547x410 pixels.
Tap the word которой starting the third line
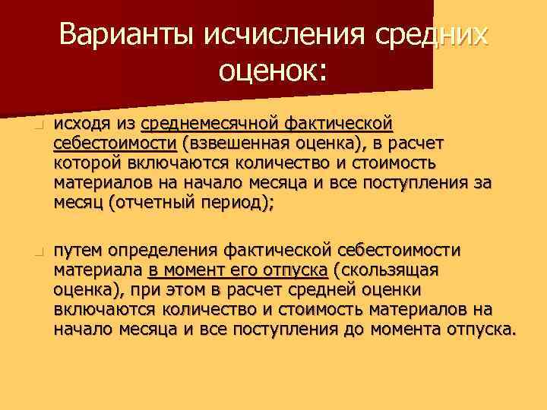pyautogui.click(x=84, y=163)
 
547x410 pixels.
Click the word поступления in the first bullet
pyautogui.click(x=429, y=183)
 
